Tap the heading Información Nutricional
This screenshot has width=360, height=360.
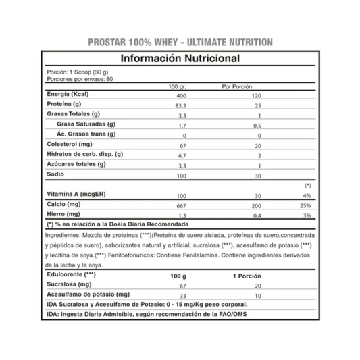(180, 59)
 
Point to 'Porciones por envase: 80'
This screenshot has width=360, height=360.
(75, 78)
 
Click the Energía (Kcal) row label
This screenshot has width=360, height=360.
(70, 95)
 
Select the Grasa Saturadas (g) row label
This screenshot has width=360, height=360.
(86, 125)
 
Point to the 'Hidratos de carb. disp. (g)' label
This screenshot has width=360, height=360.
(84, 154)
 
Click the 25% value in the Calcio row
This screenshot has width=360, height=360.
(306, 205)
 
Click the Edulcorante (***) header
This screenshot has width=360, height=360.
(72, 276)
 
